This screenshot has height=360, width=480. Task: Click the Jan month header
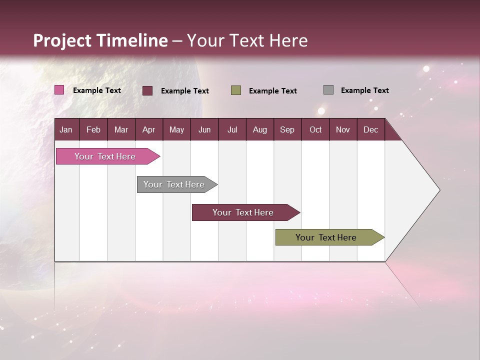coord(66,129)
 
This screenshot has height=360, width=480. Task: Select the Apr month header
coord(149,129)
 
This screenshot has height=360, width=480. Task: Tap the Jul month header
coord(232,129)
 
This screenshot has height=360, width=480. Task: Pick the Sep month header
coord(287,129)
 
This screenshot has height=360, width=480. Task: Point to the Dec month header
coord(370,129)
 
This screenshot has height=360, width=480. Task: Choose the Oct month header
coord(315,129)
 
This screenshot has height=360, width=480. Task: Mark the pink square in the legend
coord(59,90)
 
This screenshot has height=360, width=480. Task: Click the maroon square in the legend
coord(147,90)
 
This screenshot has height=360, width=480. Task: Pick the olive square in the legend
coord(236,90)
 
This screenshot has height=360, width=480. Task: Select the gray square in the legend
coord(328,90)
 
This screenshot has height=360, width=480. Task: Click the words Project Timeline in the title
coord(100,40)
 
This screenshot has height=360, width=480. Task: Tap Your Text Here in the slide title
coord(247,40)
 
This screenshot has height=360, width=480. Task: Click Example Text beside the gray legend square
coord(364,90)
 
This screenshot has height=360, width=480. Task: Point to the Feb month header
coord(93,129)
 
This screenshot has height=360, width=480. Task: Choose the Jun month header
coord(204,129)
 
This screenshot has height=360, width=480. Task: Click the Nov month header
coord(343,129)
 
